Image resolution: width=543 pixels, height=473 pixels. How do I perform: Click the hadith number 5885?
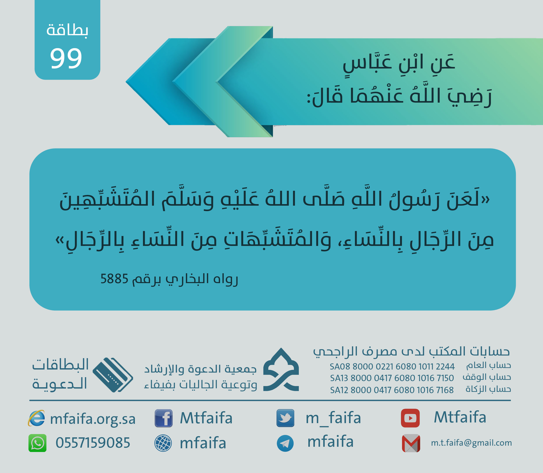point(114,279)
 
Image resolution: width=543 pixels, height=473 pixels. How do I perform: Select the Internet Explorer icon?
point(36,418)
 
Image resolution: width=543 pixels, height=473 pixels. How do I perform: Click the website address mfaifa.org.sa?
point(93,419)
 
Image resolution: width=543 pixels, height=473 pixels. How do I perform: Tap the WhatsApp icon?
point(37,443)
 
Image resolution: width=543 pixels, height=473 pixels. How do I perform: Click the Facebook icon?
point(164,418)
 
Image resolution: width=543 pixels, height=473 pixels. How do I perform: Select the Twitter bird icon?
point(285,418)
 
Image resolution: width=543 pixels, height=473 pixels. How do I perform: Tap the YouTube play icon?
point(410,418)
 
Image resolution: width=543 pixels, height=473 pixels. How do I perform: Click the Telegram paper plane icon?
point(285,443)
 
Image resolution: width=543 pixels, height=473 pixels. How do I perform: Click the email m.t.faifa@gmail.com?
point(471,443)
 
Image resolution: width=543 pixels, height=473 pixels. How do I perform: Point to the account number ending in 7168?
point(392,390)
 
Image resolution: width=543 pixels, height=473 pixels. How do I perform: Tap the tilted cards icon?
point(113,375)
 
